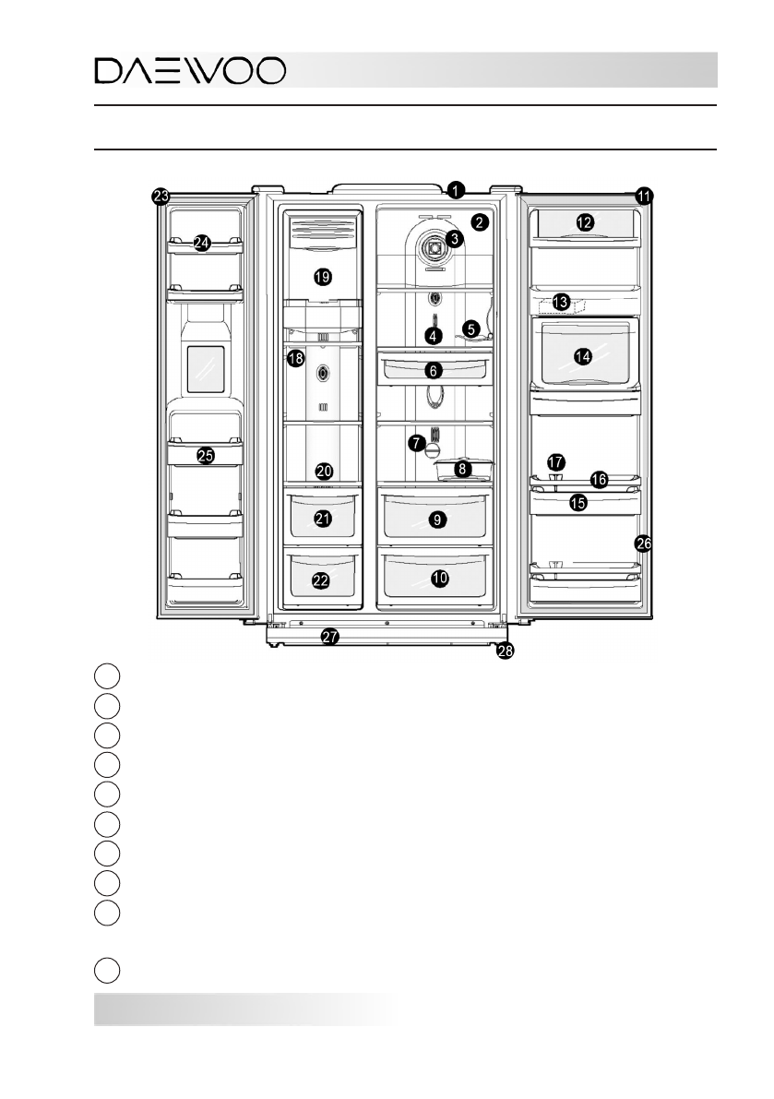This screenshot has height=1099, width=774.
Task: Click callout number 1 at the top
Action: [455, 190]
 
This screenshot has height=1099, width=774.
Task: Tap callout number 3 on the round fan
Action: [453, 238]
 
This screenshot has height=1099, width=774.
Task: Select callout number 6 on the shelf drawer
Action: [435, 370]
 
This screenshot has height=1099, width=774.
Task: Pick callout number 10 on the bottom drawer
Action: [440, 578]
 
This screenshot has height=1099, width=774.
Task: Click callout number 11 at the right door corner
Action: [644, 196]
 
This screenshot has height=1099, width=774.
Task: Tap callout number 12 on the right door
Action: [583, 222]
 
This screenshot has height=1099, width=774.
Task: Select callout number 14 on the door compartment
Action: [582, 357]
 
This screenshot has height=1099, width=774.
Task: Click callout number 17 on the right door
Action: [554, 460]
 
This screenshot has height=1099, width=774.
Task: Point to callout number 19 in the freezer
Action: [321, 276]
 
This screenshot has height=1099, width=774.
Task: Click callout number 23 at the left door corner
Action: [161, 196]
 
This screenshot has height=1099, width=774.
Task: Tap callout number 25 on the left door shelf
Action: [205, 455]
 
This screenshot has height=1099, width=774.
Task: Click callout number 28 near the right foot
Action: [505, 651]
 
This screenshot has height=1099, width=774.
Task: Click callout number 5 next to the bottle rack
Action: [471, 328]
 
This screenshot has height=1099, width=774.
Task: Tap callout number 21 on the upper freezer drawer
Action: [322, 520]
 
